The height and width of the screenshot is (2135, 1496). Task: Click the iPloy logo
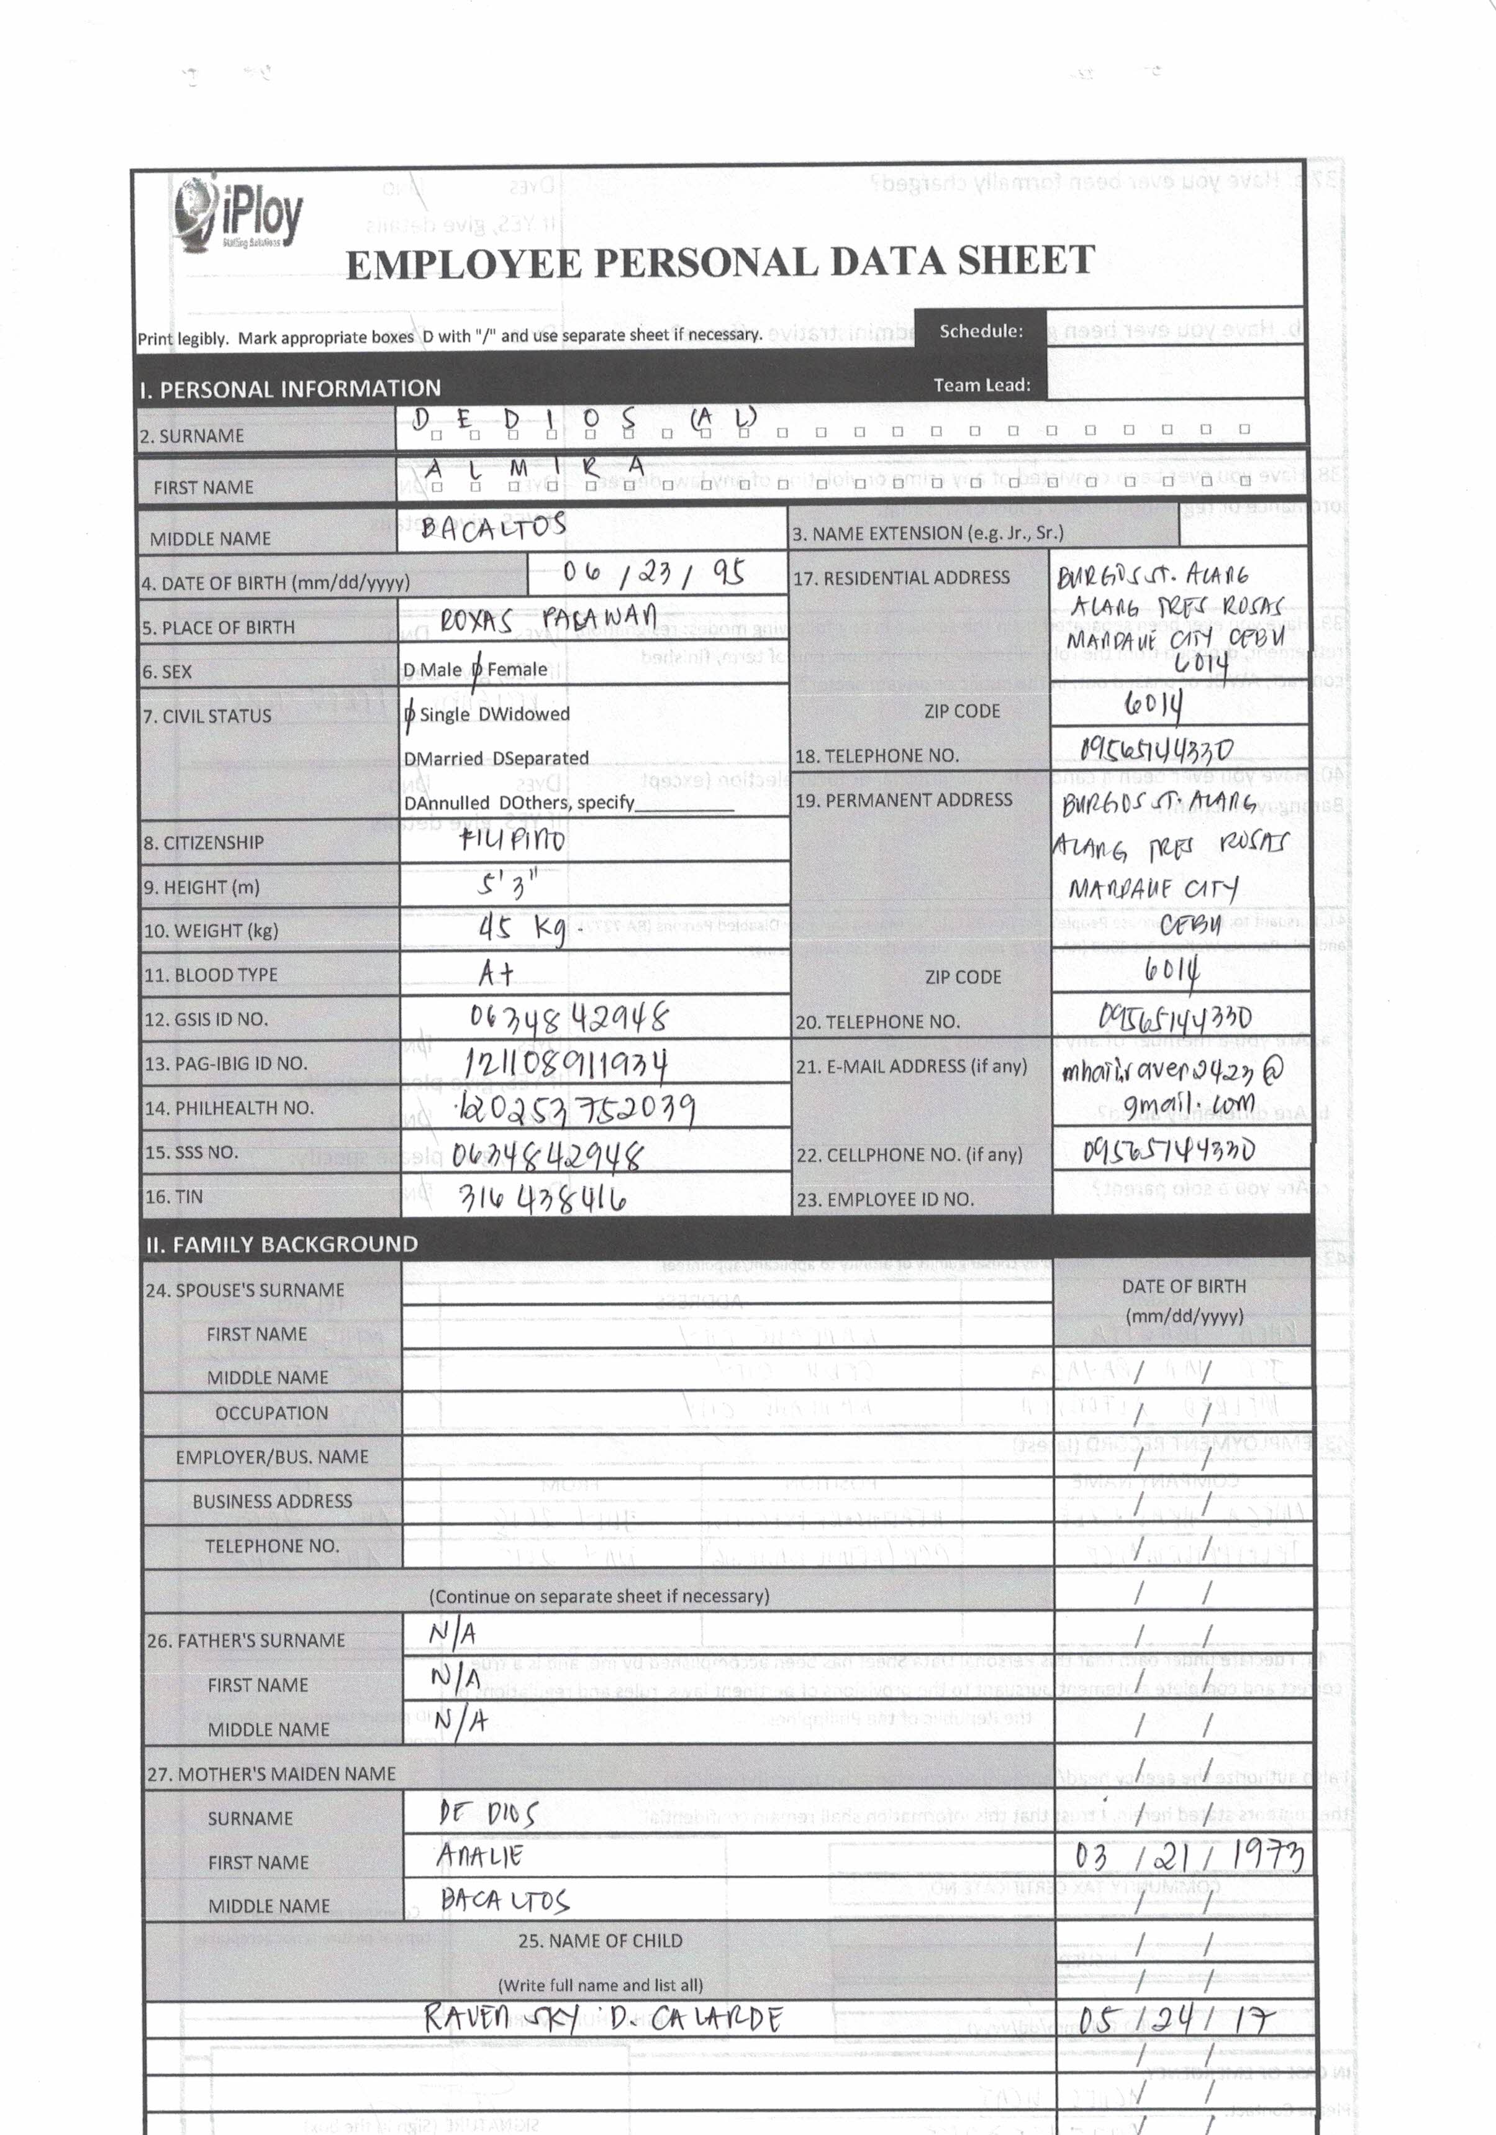pyautogui.click(x=238, y=215)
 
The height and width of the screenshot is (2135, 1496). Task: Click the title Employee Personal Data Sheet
pyautogui.click(x=720, y=262)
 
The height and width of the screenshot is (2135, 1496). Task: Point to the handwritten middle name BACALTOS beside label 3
pyautogui.click(x=493, y=527)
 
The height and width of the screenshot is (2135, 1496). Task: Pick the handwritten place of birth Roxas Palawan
pyautogui.click(x=548, y=618)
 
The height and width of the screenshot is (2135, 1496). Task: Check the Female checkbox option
pyautogui.click(x=477, y=670)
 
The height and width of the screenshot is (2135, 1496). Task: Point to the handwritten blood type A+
pyautogui.click(x=496, y=973)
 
